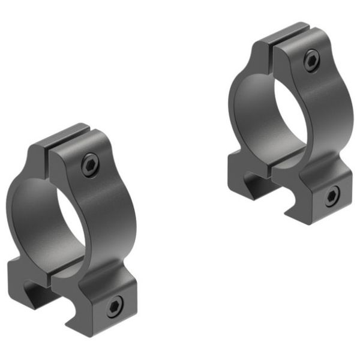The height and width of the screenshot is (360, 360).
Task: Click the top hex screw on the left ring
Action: (x=91, y=164)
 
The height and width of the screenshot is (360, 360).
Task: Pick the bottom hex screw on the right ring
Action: (x=332, y=196)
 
